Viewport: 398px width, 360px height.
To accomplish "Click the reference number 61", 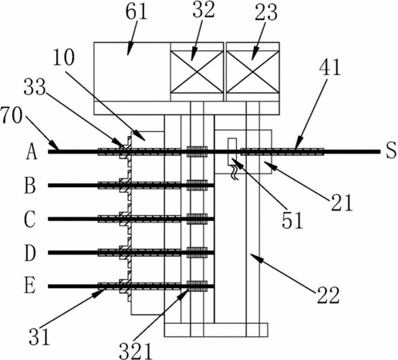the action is [136, 12].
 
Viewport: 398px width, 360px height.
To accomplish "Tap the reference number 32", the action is [203, 10].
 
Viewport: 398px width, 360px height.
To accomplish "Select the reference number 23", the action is [266, 13].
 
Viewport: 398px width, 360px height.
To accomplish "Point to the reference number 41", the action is [330, 67].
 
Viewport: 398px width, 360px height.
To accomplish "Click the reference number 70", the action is [11, 116].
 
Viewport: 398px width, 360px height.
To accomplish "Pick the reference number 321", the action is [135, 350].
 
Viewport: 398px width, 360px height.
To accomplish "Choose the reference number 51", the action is [292, 220].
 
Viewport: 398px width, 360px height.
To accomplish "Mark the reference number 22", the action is [328, 295].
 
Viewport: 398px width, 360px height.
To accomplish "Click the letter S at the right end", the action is [391, 150].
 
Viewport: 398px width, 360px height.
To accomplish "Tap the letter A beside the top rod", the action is [31, 151].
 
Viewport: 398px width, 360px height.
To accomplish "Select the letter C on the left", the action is [30, 219].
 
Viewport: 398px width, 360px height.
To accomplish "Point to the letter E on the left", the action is [30, 286].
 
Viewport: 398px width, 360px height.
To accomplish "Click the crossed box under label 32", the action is [197, 72].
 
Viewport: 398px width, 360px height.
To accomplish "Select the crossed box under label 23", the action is [252, 72].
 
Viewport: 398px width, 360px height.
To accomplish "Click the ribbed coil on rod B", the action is [197, 186].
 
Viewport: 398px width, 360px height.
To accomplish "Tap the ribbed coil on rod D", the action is [197, 253].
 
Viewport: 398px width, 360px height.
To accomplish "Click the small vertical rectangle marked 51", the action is [232, 151].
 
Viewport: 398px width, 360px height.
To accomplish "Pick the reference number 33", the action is [34, 87].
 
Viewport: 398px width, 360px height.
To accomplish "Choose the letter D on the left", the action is [30, 253].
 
